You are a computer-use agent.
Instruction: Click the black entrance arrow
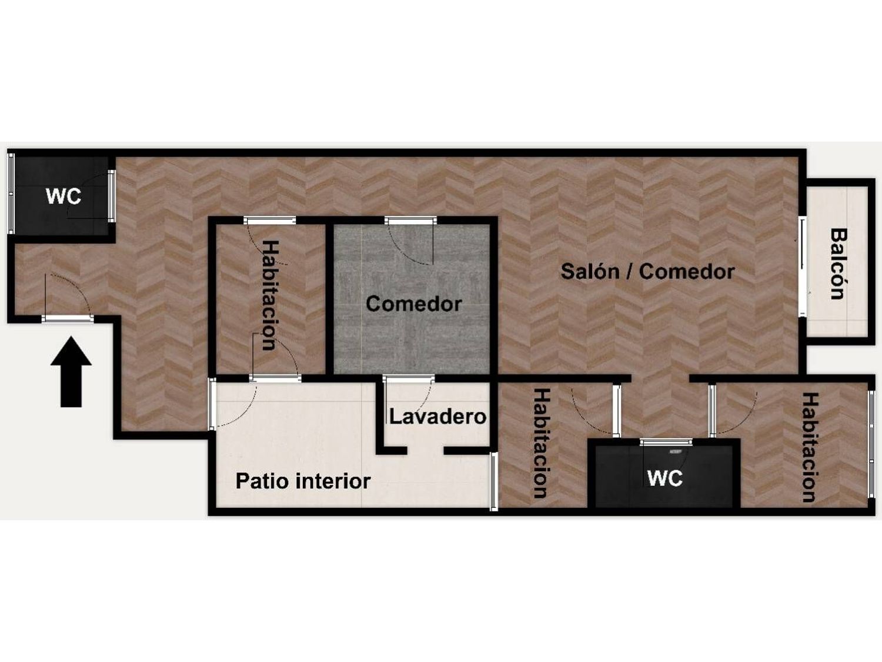pyautogui.click(x=71, y=371)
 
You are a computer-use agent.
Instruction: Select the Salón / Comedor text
pyautogui.click(x=647, y=272)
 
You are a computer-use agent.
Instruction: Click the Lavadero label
pyautogui.click(x=437, y=417)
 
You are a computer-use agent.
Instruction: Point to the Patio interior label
pyautogui.click(x=303, y=481)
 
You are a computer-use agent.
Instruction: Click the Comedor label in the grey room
pyautogui.click(x=413, y=304)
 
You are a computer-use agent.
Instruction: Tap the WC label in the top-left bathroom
pyautogui.click(x=64, y=196)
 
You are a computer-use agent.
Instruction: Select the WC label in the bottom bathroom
pyautogui.click(x=664, y=478)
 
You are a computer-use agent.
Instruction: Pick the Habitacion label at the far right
pyautogui.click(x=810, y=447)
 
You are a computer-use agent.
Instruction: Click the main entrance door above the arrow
pyautogui.click(x=68, y=319)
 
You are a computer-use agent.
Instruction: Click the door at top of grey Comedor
pyautogui.click(x=410, y=220)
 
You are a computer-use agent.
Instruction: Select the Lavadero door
pyautogui.click(x=409, y=378)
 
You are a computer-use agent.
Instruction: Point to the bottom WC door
pyautogui.click(x=666, y=442)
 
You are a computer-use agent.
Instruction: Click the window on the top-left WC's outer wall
pyautogui.click(x=11, y=193)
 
